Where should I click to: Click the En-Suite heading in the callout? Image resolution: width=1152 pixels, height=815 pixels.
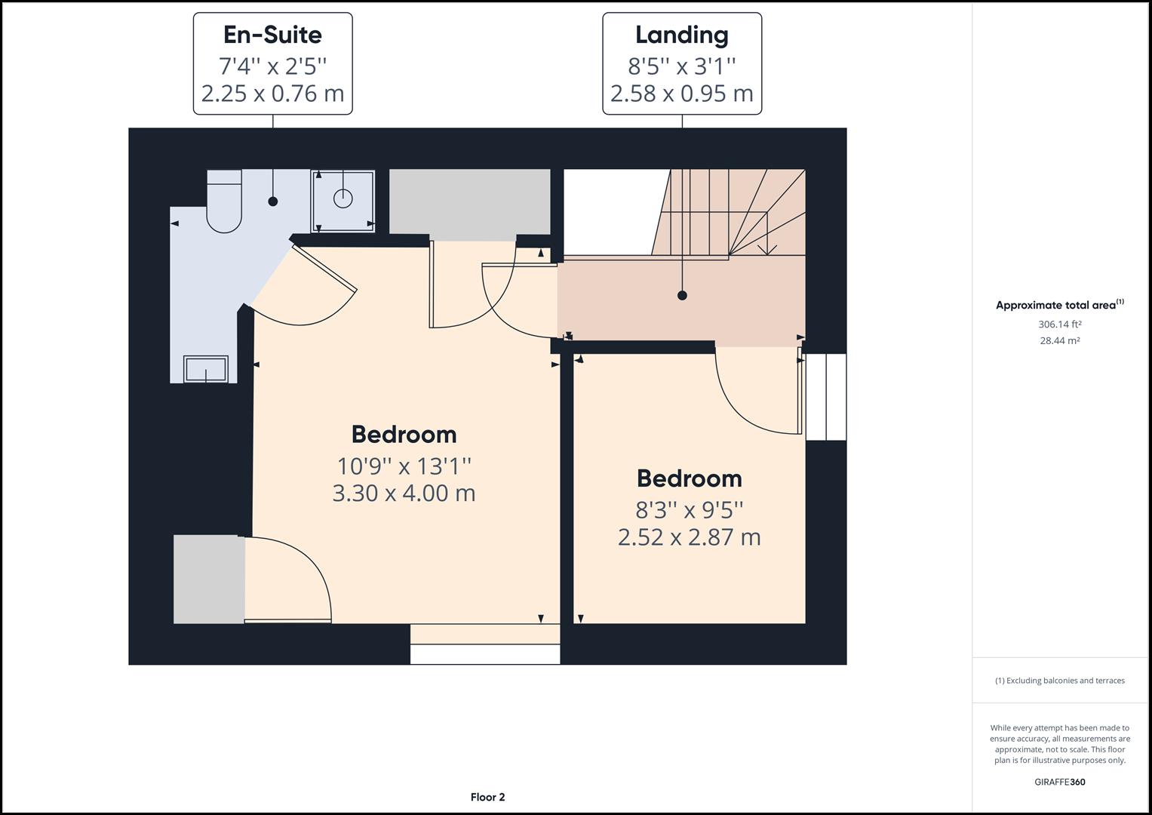point(272,35)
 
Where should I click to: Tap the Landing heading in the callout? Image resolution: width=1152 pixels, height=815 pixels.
point(682,35)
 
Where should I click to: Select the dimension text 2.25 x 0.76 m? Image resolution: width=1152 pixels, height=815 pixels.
point(272,94)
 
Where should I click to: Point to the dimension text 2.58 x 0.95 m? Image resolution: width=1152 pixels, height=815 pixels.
point(682,94)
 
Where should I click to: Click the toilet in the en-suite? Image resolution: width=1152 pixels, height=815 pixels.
point(224,201)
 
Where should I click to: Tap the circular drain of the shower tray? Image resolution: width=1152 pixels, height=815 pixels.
point(343,198)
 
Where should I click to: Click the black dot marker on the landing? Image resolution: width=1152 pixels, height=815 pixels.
point(683,295)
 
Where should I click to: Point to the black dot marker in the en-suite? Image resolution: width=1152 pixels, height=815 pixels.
point(273,201)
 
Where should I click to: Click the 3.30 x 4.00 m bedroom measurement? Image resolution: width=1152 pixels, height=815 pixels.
point(404,493)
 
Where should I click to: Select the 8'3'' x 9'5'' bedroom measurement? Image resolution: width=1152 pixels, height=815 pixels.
point(689,510)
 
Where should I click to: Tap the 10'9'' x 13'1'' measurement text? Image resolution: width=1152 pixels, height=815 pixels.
point(404,466)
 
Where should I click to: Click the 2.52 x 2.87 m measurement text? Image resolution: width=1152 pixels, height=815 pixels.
point(689,537)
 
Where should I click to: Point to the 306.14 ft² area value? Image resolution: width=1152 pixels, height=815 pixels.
point(1059,324)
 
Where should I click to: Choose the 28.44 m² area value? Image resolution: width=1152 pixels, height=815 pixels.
point(1059,340)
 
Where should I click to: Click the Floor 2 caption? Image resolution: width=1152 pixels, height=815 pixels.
point(487,797)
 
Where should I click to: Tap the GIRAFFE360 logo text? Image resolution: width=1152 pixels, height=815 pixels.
point(1059,782)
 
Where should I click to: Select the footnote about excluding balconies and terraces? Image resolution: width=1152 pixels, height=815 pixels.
point(1059,680)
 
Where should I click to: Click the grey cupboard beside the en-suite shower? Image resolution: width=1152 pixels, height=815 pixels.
point(469,205)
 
